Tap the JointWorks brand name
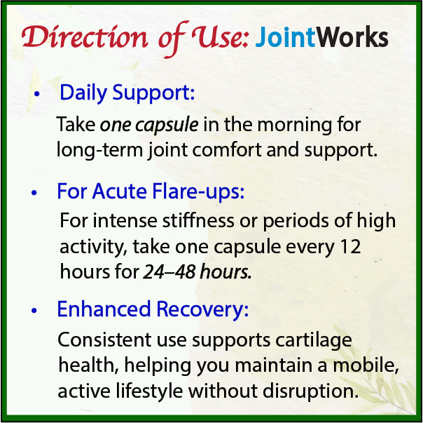(x=322, y=37)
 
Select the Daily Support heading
(x=127, y=93)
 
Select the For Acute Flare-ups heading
(x=151, y=192)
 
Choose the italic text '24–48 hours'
(x=197, y=272)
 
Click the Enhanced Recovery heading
(x=153, y=309)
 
